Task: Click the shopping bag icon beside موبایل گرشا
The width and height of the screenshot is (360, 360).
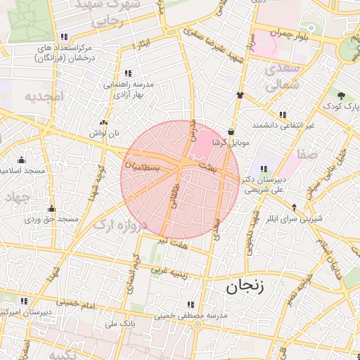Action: (231, 131)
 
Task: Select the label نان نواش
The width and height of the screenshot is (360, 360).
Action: (103, 133)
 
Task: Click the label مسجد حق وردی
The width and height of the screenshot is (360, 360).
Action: (51, 219)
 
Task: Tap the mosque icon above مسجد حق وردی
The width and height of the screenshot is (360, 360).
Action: (51, 209)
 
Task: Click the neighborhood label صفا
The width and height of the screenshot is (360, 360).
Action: (307, 153)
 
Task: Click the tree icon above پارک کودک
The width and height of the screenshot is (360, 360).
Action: (340, 94)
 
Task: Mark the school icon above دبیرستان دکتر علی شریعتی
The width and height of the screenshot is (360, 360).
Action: (263, 169)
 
